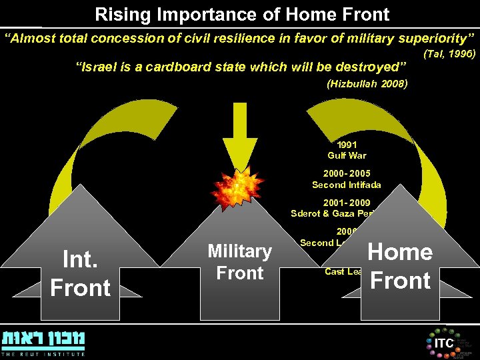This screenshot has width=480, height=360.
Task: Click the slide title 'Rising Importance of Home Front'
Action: point(242,13)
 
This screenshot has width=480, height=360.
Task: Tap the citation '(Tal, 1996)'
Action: point(449,53)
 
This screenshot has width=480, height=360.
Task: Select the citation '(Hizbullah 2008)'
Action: point(367,84)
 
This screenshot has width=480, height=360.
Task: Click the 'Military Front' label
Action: point(240,262)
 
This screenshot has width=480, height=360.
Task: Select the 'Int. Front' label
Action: point(80,273)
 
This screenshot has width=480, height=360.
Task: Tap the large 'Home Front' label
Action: point(400,266)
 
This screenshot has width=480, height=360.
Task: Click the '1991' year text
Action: point(347,145)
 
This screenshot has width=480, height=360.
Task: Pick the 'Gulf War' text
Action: point(347,155)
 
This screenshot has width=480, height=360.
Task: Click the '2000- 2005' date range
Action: point(346,173)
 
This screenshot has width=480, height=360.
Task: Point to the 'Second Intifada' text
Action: point(346,185)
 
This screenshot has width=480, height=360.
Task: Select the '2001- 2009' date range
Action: point(346,203)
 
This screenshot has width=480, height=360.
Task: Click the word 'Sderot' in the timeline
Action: point(305,214)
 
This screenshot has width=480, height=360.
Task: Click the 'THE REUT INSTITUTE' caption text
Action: point(43,353)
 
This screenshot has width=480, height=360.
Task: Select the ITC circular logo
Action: point(443,342)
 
